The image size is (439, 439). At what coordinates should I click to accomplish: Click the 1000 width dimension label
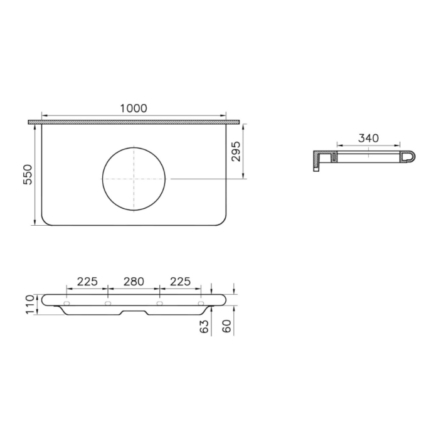point(134,108)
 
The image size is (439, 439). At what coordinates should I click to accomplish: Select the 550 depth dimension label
point(28,174)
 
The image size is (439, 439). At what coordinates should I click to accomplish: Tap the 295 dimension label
point(236,152)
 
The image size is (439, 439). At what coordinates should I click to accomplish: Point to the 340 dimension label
point(369,138)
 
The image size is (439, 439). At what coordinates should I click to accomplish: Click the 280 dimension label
point(134,282)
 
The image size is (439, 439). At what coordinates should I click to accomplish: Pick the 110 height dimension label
point(29,304)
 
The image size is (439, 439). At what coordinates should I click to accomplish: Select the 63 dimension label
point(204,327)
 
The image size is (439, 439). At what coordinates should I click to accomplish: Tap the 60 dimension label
point(227,326)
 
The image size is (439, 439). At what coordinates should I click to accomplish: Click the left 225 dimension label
point(87,282)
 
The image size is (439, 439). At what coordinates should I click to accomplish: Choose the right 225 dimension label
point(181,282)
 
